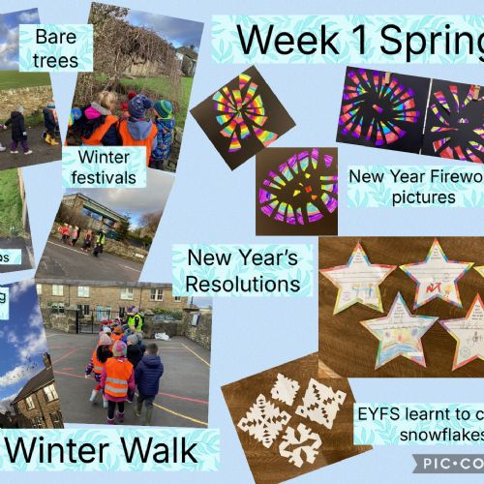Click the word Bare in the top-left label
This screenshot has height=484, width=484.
(x=54, y=38)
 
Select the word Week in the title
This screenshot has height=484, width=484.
(x=281, y=41)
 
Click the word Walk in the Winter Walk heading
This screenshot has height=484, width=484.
(x=161, y=451)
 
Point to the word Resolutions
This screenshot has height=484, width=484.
(x=243, y=285)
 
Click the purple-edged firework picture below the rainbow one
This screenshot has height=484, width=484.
(x=296, y=186)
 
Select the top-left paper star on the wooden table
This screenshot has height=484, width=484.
(x=358, y=276)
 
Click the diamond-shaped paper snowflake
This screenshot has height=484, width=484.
(x=320, y=400)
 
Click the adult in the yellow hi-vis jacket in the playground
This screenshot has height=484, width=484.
(x=136, y=319)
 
